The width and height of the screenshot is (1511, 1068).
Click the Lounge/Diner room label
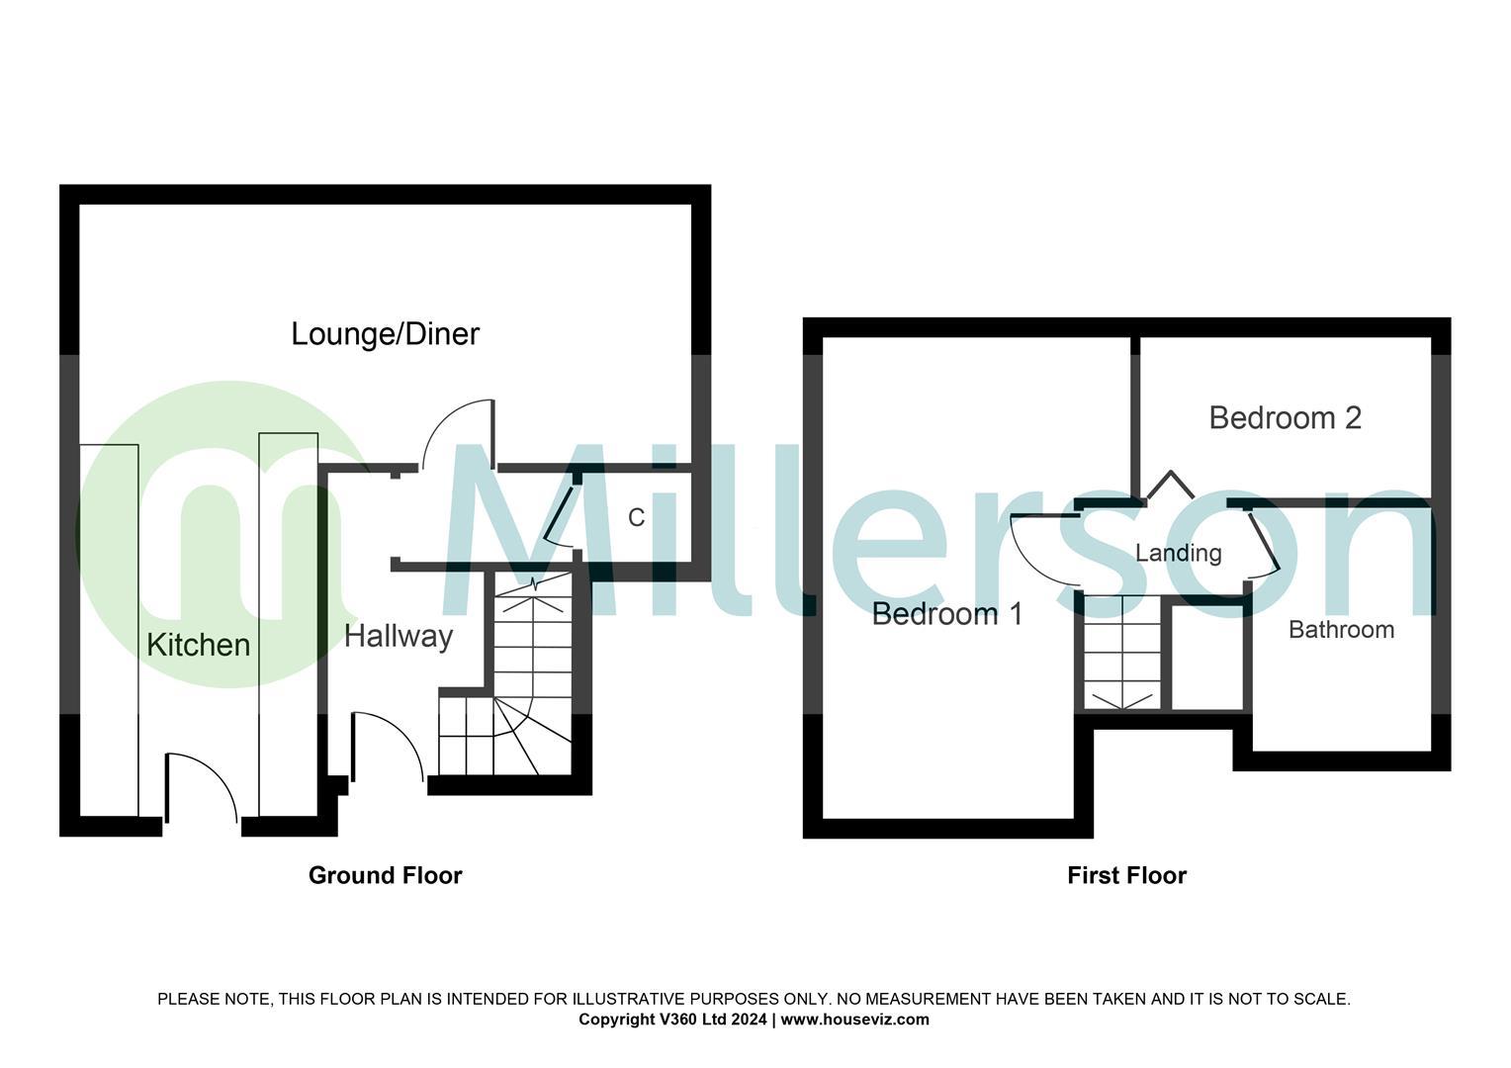[385, 334]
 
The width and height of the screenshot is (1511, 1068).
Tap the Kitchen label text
[198, 645]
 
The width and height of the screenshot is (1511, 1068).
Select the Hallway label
[399, 636]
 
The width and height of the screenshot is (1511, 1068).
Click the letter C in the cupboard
[637, 517]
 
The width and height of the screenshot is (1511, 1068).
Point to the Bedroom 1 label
[947, 614]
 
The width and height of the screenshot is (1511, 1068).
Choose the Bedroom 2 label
[1285, 418]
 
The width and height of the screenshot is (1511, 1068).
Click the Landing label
[1178, 553]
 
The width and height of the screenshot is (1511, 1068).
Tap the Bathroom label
[1341, 630]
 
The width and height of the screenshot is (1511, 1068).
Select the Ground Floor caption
[385, 875]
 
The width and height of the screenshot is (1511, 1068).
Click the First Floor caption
[1126, 875]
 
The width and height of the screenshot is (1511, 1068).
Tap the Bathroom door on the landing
[1265, 544]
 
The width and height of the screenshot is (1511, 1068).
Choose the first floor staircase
[1122, 653]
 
